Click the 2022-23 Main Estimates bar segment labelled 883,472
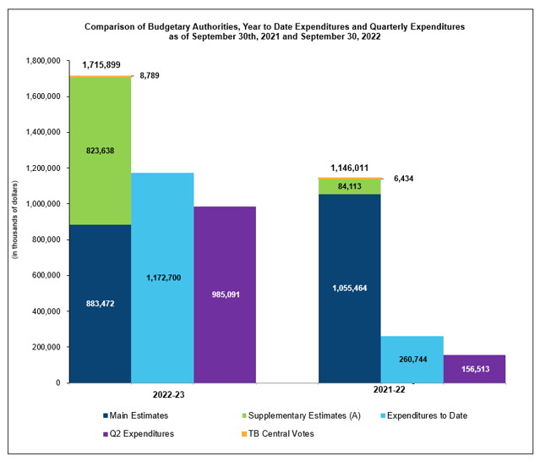pos(100,303)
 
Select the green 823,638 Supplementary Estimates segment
pos(100,151)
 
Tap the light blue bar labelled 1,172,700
pos(162,278)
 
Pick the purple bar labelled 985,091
pos(224,294)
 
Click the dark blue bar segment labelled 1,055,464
pos(349,288)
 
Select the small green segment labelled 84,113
pos(349,186)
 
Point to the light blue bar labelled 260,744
pos(412,359)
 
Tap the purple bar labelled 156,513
pos(474,368)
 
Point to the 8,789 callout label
pos(149,76)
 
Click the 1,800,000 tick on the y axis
pos(42,61)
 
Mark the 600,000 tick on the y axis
pos(45,276)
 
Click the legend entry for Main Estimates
pos(136,415)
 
